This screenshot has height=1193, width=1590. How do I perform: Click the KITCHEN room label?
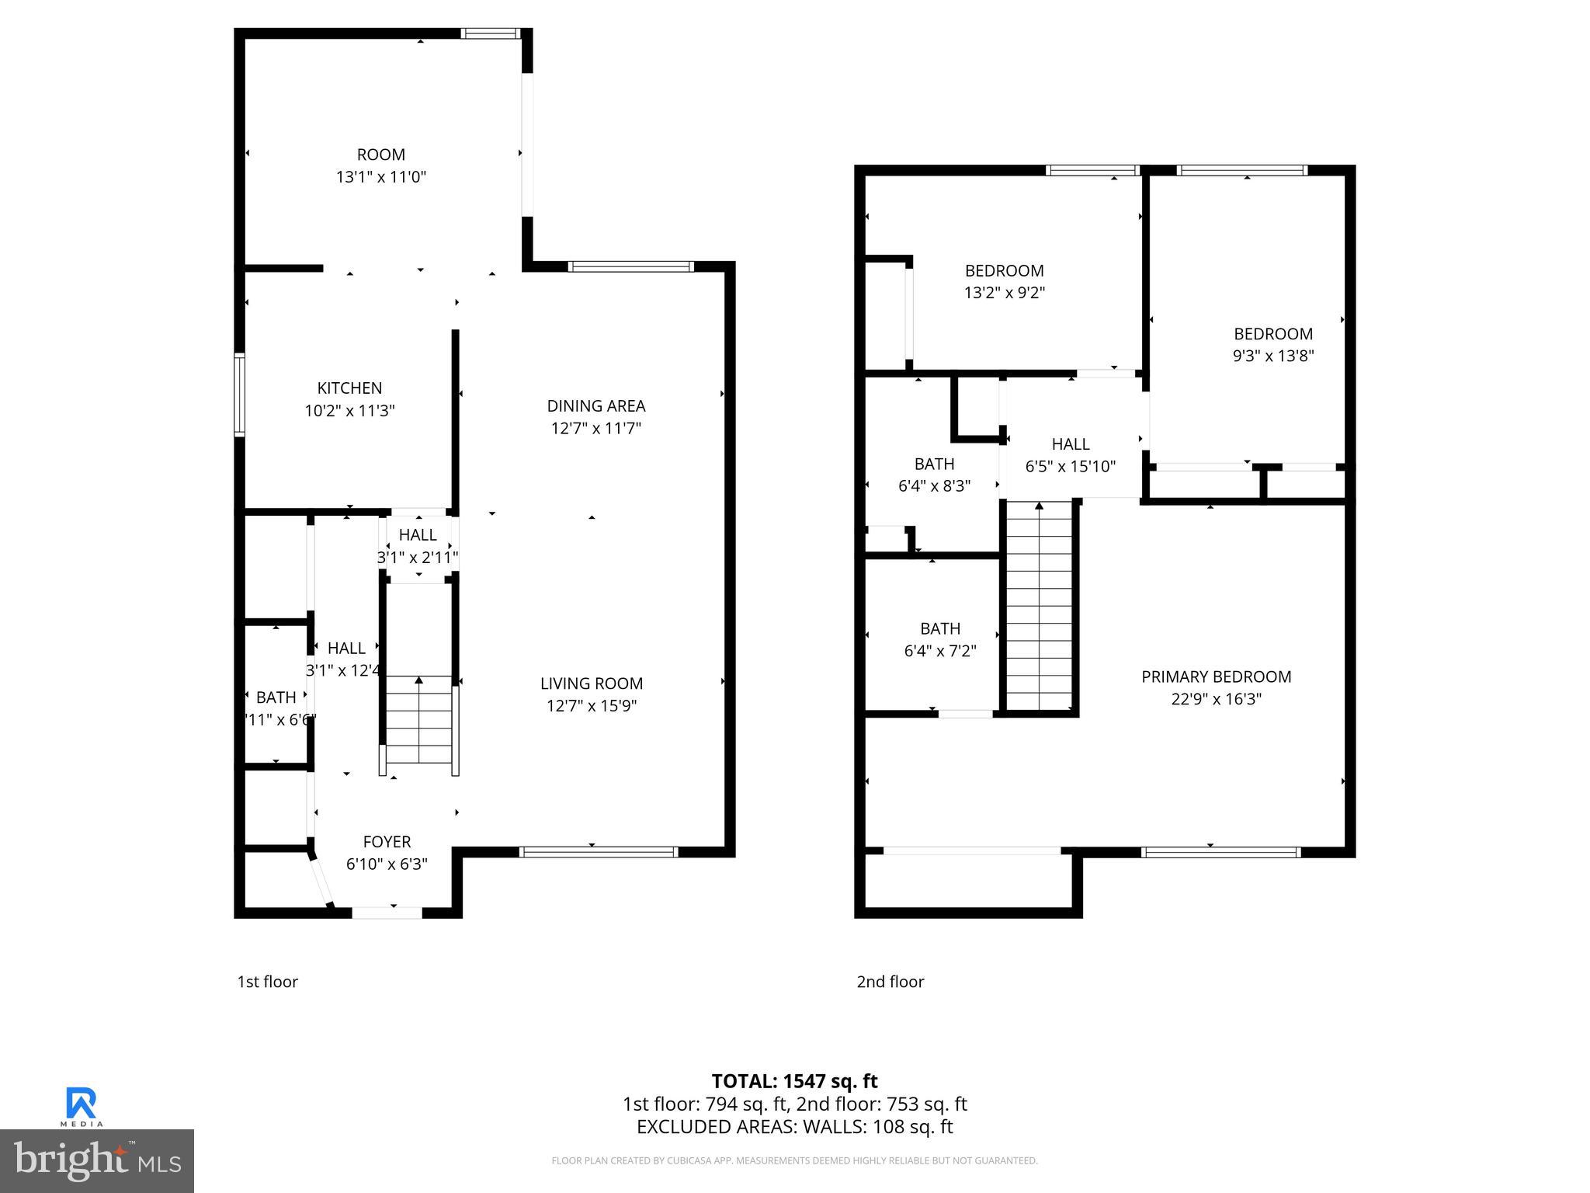(349, 388)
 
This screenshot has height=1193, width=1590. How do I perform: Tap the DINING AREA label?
(595, 405)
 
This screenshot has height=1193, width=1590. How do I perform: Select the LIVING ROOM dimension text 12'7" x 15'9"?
(591, 705)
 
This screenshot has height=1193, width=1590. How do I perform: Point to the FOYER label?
(387, 841)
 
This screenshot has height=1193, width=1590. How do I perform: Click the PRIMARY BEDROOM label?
(1216, 676)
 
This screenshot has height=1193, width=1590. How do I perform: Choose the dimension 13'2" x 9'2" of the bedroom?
(1004, 293)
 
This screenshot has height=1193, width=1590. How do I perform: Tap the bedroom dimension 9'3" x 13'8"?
(1272, 356)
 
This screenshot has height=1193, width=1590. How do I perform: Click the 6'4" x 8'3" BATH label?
(934, 464)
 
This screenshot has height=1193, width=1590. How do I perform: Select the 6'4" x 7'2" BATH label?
(940, 628)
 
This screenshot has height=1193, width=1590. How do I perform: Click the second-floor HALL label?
(1070, 444)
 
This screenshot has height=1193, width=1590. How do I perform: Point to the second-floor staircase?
(1039, 606)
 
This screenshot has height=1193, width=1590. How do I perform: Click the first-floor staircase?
(418, 722)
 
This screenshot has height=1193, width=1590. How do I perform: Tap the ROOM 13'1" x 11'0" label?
(380, 155)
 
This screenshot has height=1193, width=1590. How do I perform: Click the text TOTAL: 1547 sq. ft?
(794, 1081)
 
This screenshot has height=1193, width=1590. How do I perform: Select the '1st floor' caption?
(267, 982)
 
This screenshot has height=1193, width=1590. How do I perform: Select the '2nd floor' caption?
(890, 982)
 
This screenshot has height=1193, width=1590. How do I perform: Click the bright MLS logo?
(96, 1160)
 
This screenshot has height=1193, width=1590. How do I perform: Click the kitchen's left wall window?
(240, 395)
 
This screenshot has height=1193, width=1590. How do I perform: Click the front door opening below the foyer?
(387, 913)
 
